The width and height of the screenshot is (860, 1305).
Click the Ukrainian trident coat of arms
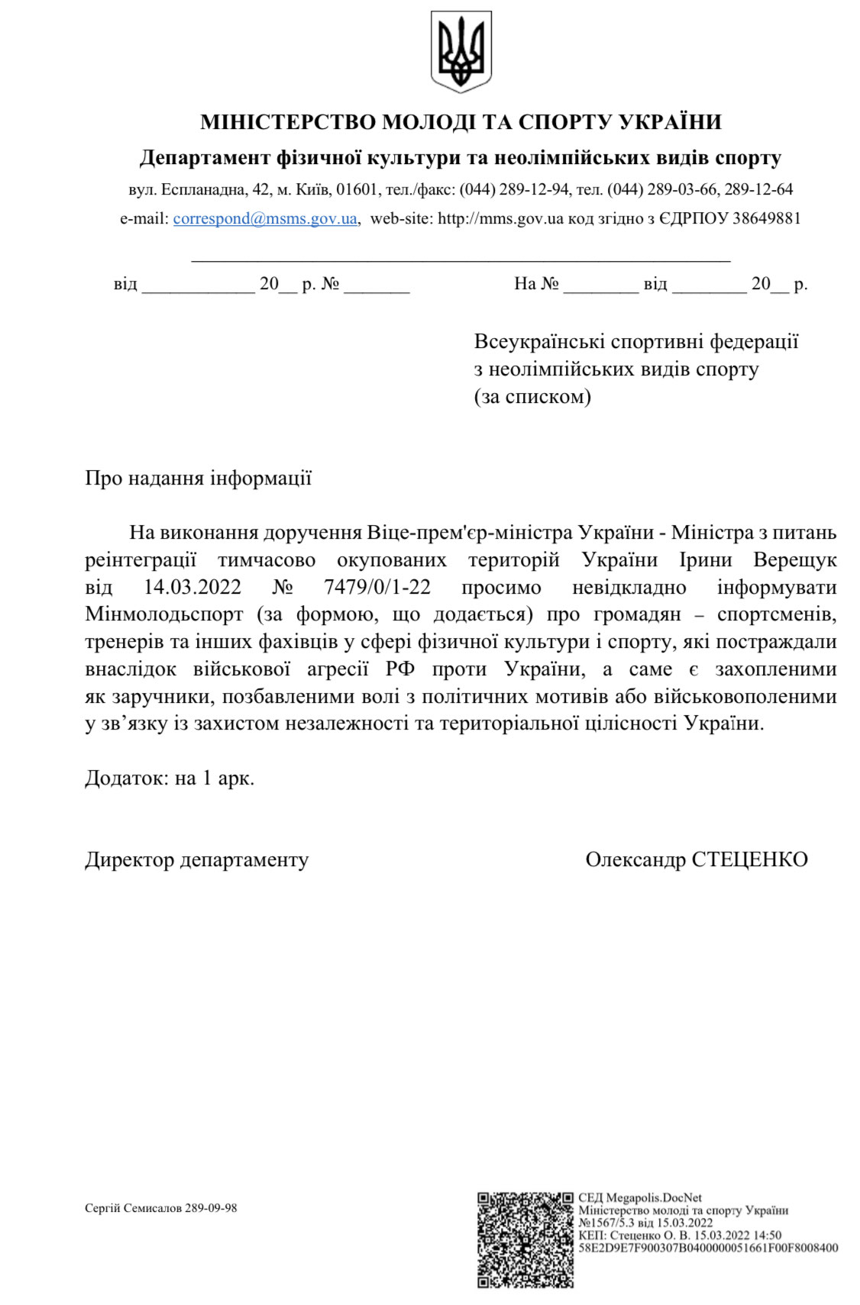[x=461, y=52]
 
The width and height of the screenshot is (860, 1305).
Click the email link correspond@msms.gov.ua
[x=265, y=218]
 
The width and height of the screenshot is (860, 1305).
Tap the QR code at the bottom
[x=525, y=1239]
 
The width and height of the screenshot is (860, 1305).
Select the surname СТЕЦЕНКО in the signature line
[x=749, y=859]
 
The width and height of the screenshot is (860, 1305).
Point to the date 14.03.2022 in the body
[x=192, y=587]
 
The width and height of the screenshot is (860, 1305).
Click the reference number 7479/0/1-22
[x=377, y=587]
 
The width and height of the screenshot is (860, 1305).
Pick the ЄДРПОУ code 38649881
[x=766, y=218]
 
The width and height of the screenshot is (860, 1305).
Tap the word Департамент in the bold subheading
[x=205, y=158]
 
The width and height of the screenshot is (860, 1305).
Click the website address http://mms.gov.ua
[x=500, y=218]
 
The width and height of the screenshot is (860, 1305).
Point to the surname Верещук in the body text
[x=794, y=559]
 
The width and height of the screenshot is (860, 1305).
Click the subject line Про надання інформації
[x=199, y=478]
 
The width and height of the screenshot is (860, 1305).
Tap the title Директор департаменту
[x=197, y=859]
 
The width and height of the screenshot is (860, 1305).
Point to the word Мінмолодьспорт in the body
[x=164, y=614]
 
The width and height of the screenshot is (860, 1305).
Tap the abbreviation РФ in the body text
[x=400, y=669]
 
